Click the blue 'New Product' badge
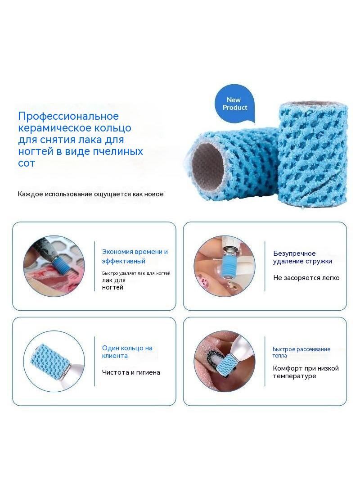(x=234, y=104)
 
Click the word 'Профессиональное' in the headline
(x=68, y=116)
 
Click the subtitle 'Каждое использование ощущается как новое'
(x=90, y=194)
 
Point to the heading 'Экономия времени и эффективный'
(x=135, y=256)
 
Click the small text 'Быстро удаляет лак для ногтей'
(x=136, y=273)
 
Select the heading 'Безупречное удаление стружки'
(x=302, y=257)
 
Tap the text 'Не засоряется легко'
(x=306, y=278)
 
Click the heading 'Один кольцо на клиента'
(x=127, y=352)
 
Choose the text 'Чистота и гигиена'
(x=131, y=372)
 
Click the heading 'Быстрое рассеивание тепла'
(x=301, y=352)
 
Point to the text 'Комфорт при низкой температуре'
(x=306, y=372)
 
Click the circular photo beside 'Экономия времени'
(x=54, y=265)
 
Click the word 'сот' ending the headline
(x=27, y=163)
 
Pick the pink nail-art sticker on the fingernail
(x=202, y=280)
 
